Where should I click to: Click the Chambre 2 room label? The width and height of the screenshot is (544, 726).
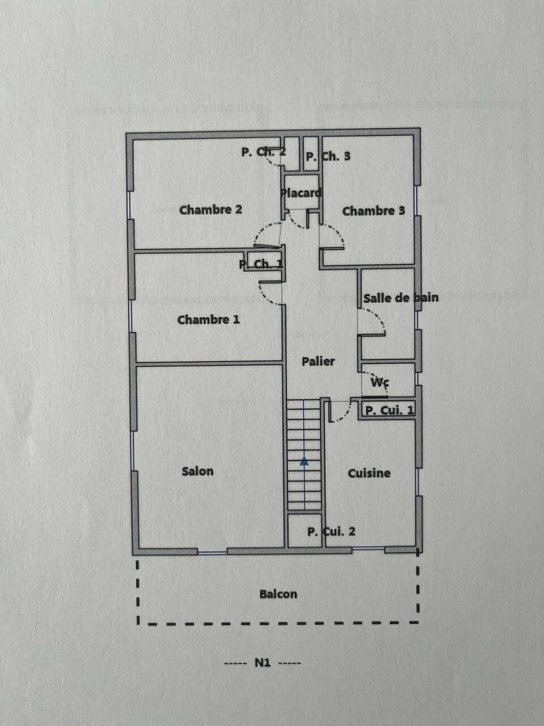[210, 210]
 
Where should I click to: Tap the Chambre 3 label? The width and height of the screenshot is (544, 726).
[373, 211]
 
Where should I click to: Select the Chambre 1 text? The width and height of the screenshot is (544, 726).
[209, 320]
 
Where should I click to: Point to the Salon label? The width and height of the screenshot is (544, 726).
[198, 471]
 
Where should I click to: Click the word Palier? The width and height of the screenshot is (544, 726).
[318, 361]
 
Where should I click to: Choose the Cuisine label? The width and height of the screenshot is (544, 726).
[369, 473]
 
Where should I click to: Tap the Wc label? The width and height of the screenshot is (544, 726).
[380, 382]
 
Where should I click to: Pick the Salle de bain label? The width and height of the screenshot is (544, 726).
[401, 298]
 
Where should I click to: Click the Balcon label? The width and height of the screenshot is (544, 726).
[278, 594]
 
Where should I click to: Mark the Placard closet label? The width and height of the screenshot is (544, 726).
[300, 193]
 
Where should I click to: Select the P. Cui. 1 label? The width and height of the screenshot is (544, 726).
[389, 411]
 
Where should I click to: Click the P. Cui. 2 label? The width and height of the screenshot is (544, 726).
[331, 531]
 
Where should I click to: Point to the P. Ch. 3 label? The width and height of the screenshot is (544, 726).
[328, 157]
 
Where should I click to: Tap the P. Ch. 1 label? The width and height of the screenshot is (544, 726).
[261, 264]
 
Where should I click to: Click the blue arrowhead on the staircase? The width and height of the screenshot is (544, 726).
[304, 462]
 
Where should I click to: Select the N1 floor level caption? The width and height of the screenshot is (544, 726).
[262, 663]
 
